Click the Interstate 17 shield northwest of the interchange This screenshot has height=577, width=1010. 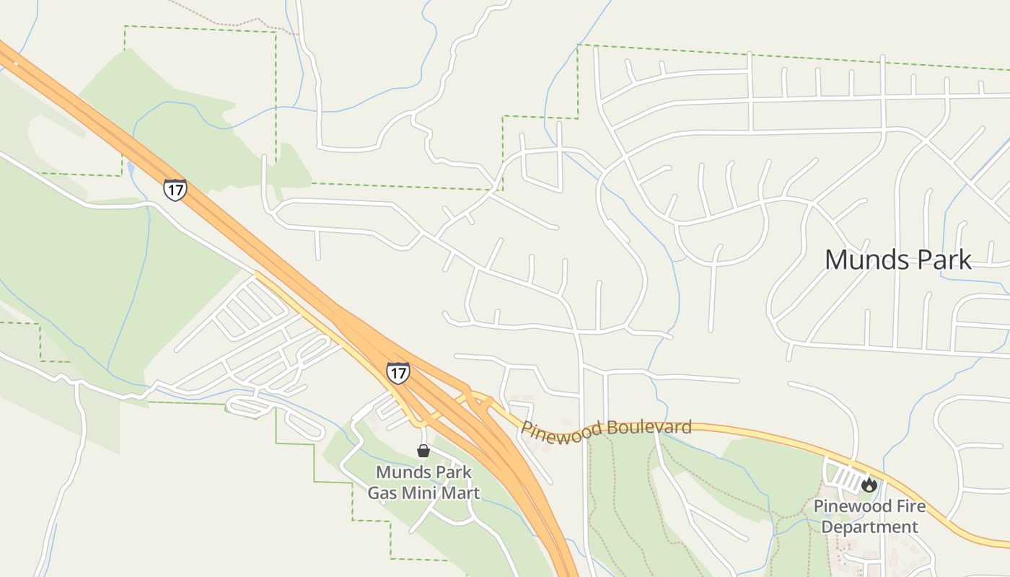click(175, 190)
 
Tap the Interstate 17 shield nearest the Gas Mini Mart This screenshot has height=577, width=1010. click(398, 372)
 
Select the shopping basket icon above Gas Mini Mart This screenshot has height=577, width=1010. click(423, 451)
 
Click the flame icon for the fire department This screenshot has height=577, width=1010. click(869, 485)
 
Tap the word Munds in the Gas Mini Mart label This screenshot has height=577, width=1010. click(404, 473)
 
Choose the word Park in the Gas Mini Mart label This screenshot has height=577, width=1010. click(454, 473)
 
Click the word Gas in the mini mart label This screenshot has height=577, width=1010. click(382, 493)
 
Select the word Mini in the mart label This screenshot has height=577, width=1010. click(422, 493)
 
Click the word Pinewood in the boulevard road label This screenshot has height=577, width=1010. click(561, 431)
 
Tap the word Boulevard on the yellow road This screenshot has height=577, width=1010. click(649, 427)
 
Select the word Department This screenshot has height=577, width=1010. click(869, 527)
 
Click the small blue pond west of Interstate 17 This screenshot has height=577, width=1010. click(130, 169)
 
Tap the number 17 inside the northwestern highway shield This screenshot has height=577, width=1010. click(175, 190)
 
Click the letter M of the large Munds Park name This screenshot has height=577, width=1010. click(837, 260)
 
